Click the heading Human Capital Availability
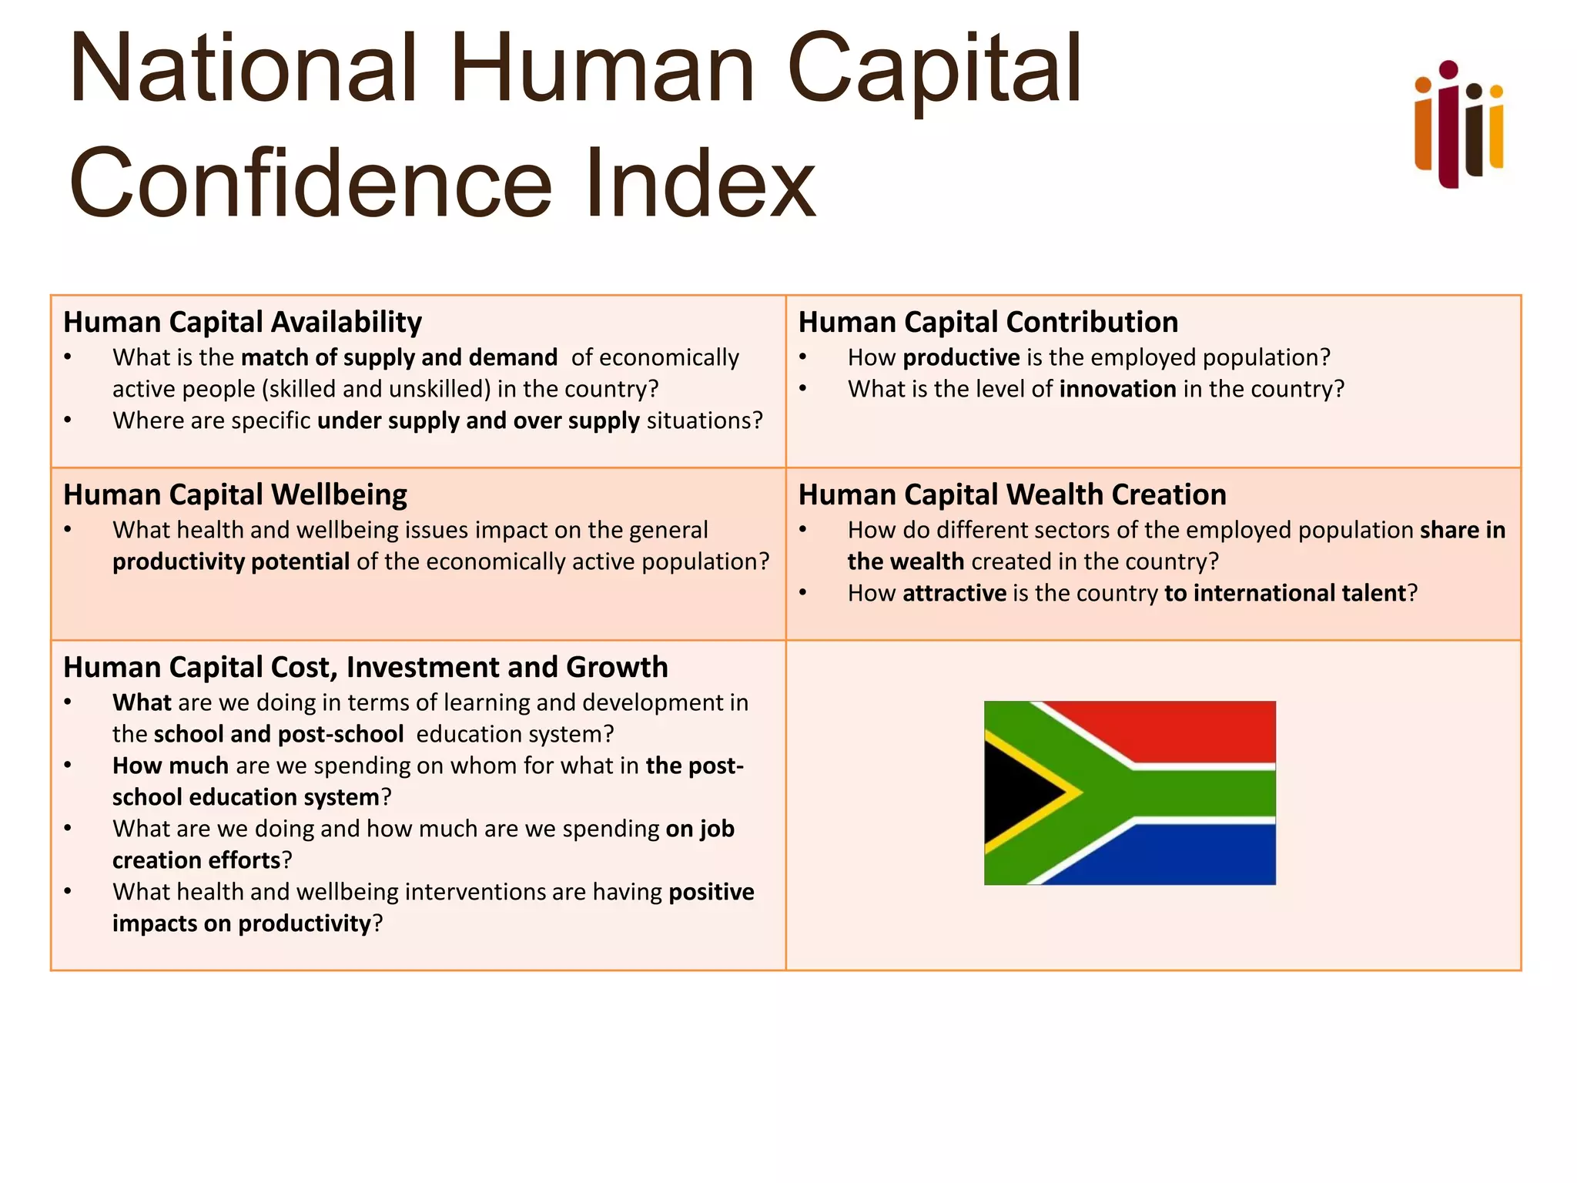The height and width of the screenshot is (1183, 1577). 243,322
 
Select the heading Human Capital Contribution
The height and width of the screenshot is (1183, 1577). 988,322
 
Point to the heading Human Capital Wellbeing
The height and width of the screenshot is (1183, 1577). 235,494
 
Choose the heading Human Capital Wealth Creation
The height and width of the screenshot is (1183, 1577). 1012,494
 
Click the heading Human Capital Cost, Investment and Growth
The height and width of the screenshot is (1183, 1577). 365,667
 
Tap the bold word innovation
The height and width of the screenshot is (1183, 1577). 1117,389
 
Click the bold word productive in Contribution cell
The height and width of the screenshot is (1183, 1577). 961,357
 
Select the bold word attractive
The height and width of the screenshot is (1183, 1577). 954,593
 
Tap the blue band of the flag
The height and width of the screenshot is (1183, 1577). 1186,855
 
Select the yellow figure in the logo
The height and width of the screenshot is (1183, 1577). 1496,127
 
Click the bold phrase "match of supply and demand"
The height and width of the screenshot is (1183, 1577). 399,357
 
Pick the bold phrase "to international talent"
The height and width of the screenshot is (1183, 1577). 1285,593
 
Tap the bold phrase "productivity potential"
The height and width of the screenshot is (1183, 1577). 231,561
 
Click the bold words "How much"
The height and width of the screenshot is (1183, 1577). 170,766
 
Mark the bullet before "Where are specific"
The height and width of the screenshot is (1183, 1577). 68,421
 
